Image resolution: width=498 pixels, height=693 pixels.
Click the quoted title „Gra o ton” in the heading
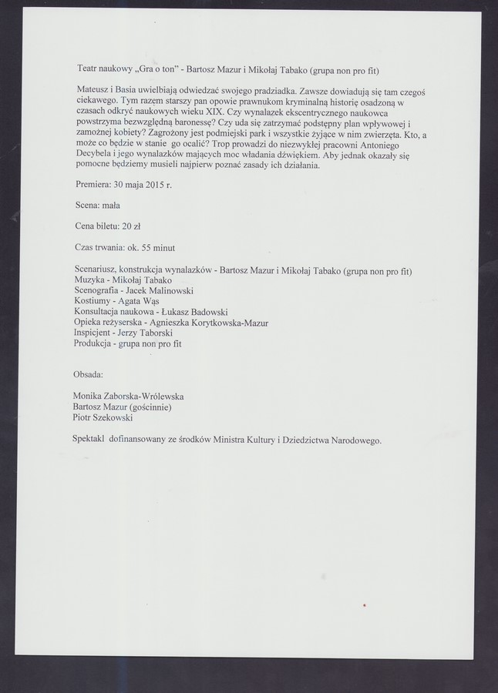pyautogui.click(x=162, y=70)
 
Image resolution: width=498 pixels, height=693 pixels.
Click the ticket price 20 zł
pyautogui.click(x=130, y=226)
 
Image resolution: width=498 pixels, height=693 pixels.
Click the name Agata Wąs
pyautogui.click(x=136, y=302)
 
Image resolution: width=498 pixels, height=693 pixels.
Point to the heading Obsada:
pyautogui.click(x=89, y=374)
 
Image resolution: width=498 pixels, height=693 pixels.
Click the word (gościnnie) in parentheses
pyautogui.click(x=150, y=407)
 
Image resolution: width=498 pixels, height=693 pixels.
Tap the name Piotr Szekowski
pyautogui.click(x=103, y=418)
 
